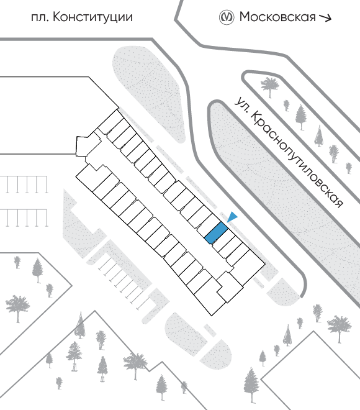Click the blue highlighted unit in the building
click(x=216, y=233)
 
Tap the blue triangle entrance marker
click(x=232, y=217)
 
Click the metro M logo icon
click(x=226, y=17)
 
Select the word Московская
click(x=277, y=17)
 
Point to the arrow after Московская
click(x=325, y=17)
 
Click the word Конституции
click(x=92, y=17)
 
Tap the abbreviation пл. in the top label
click(x=40, y=18)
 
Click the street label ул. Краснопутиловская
click(x=288, y=152)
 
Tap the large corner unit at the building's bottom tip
click(x=210, y=298)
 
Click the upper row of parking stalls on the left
click(x=24, y=184)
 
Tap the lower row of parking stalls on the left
click(x=24, y=218)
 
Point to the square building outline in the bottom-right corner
click(x=310, y=371)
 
